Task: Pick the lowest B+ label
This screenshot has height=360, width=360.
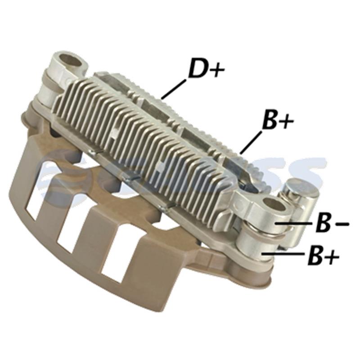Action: pos(323,256)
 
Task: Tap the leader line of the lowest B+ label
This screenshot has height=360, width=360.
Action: pos(285,255)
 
